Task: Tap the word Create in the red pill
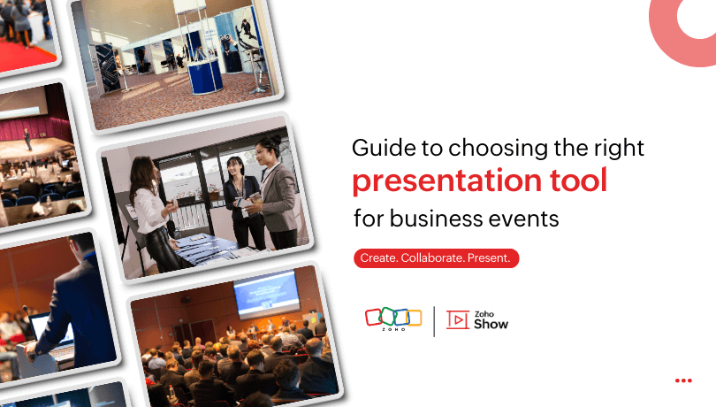pyautogui.click(x=378, y=258)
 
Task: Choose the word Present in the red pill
pyautogui.click(x=491, y=258)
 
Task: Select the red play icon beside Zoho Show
pyautogui.click(x=457, y=320)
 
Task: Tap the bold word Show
pyautogui.click(x=491, y=325)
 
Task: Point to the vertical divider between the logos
pyautogui.click(x=434, y=320)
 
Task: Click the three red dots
pyautogui.click(x=682, y=380)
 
